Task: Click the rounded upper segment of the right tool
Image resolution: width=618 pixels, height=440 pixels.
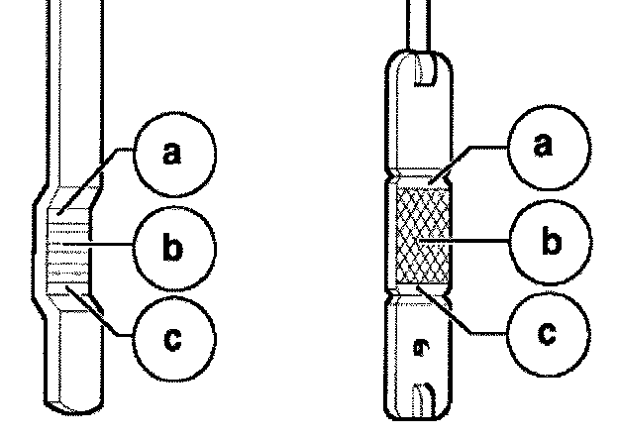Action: click(x=421, y=119)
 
